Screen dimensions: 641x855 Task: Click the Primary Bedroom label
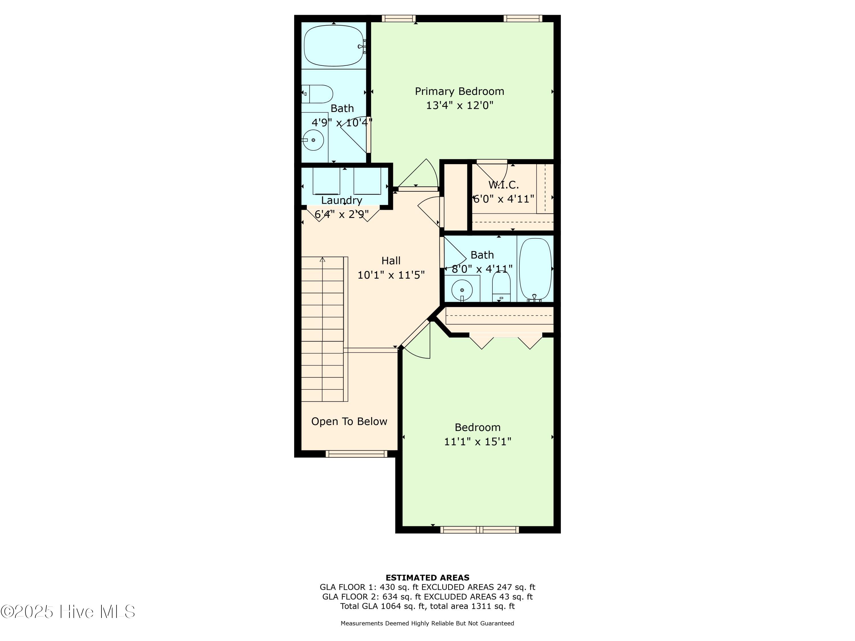click(x=459, y=91)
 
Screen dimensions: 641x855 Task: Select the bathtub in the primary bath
click(x=333, y=46)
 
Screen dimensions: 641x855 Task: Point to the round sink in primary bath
click(x=313, y=140)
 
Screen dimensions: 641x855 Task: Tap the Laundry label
click(x=342, y=200)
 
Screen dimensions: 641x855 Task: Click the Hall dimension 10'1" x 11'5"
click(x=391, y=275)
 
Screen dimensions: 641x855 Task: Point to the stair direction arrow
click(x=322, y=260)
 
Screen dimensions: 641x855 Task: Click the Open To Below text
click(x=349, y=422)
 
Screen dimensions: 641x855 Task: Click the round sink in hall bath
click(x=462, y=290)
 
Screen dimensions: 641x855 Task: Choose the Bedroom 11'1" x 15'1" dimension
click(x=477, y=442)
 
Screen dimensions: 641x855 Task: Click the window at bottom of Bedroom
click(x=479, y=530)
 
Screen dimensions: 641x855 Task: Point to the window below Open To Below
click(x=356, y=454)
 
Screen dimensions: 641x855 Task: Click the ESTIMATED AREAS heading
click(x=427, y=578)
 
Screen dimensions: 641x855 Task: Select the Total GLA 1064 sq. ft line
click(x=427, y=606)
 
